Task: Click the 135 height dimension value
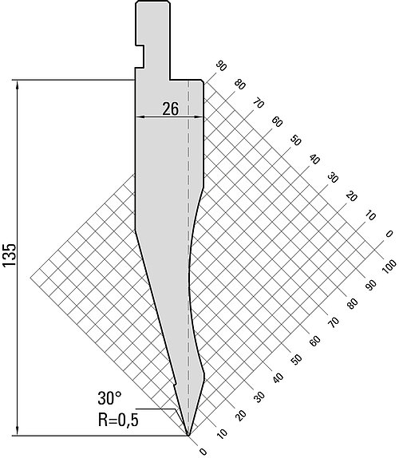[x=10, y=255]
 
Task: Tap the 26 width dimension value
[x=170, y=109]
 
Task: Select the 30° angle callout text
[x=109, y=398]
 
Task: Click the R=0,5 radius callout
[x=118, y=420]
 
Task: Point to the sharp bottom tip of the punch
[x=188, y=436]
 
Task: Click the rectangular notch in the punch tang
[x=140, y=57]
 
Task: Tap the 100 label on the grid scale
[x=389, y=267]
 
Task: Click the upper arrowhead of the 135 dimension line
[x=18, y=85]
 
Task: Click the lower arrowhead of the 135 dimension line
[x=18, y=431]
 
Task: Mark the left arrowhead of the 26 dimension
[x=140, y=117]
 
